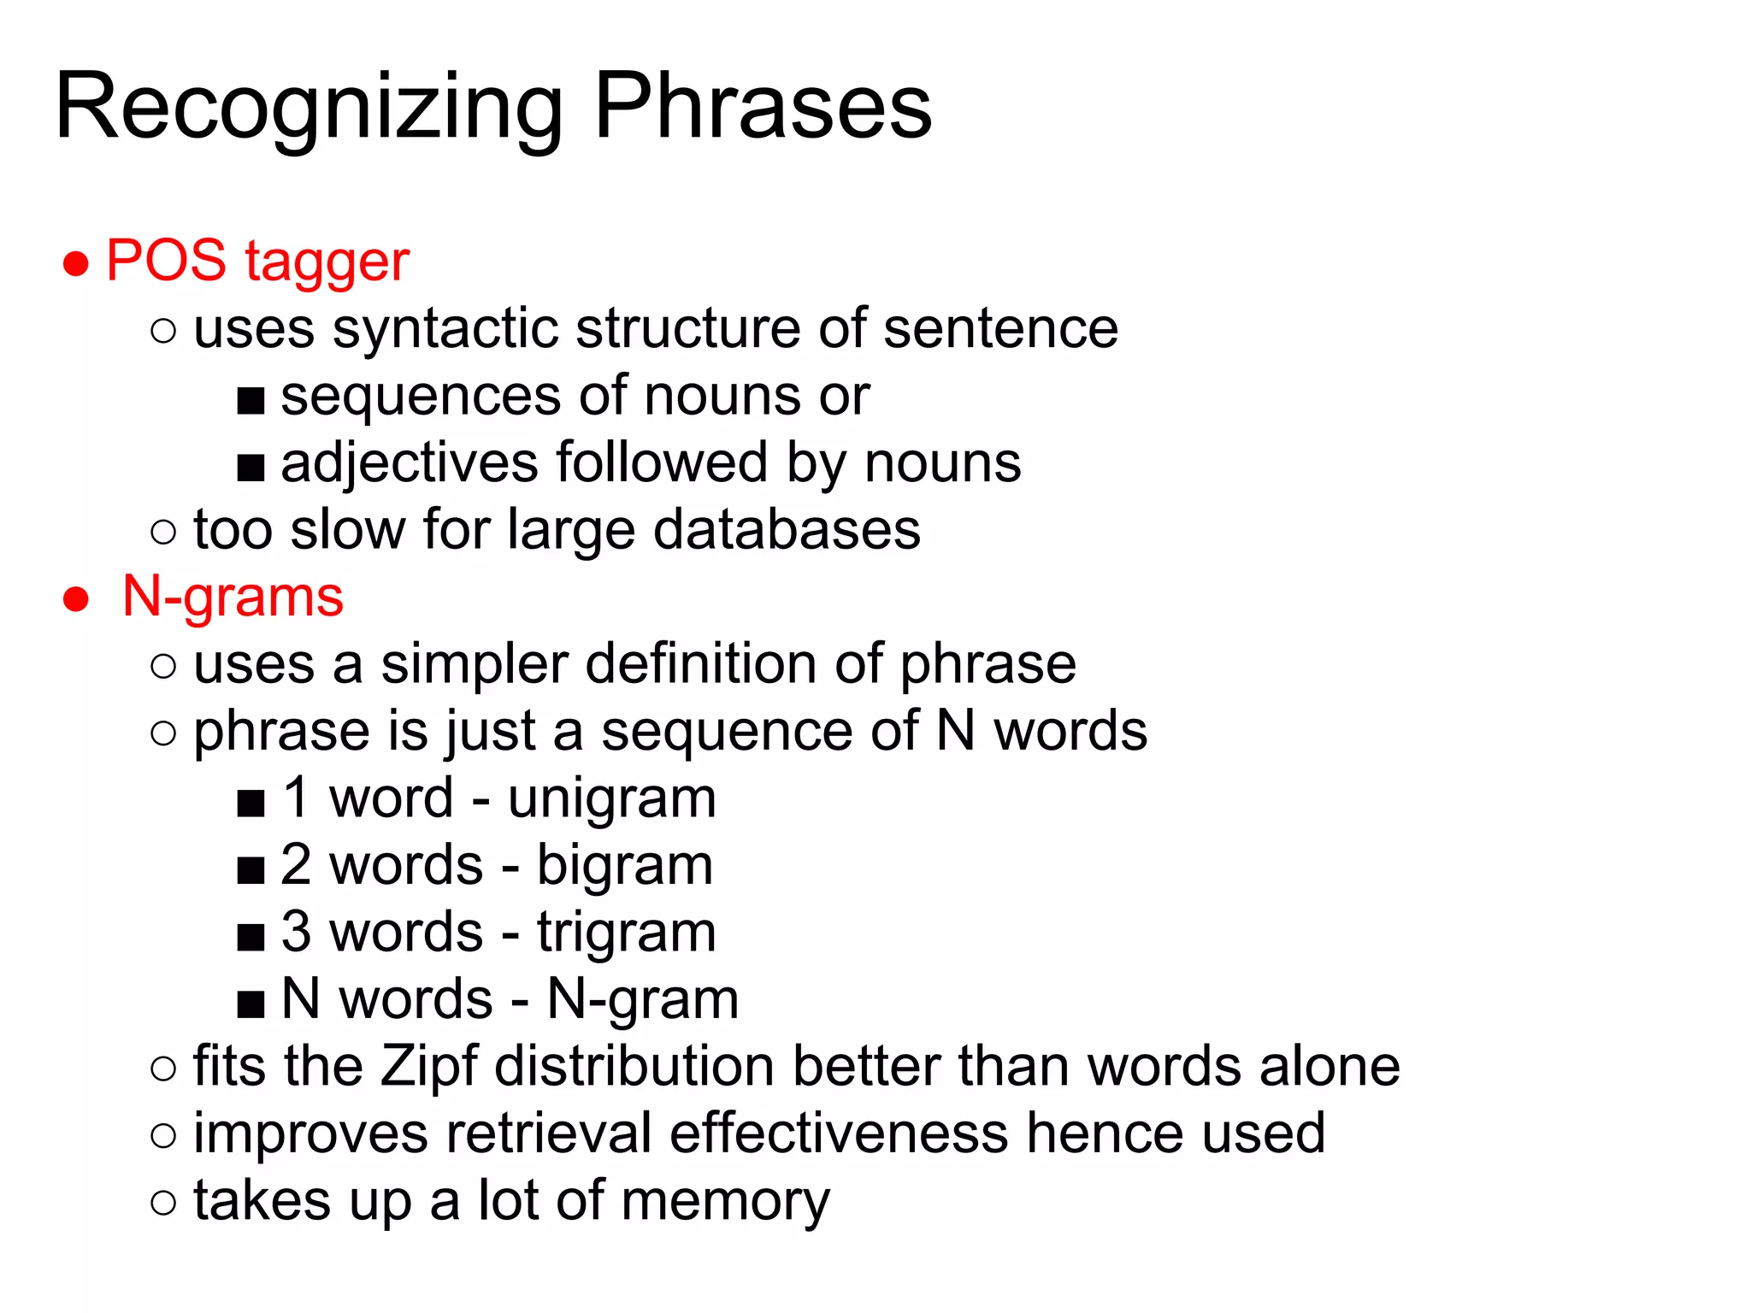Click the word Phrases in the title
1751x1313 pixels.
coord(762,107)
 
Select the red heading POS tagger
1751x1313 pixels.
coord(257,261)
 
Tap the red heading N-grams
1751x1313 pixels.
coord(233,596)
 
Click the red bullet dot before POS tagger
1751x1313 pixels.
coord(76,263)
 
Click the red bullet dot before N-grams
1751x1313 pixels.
coord(76,599)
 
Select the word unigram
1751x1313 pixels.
coord(612,799)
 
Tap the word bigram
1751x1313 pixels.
coord(625,865)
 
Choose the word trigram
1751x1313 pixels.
coord(627,932)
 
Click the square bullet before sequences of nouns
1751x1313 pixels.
coord(251,400)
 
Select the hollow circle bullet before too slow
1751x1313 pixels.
coord(162,533)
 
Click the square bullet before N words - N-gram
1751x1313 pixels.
coord(251,1003)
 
